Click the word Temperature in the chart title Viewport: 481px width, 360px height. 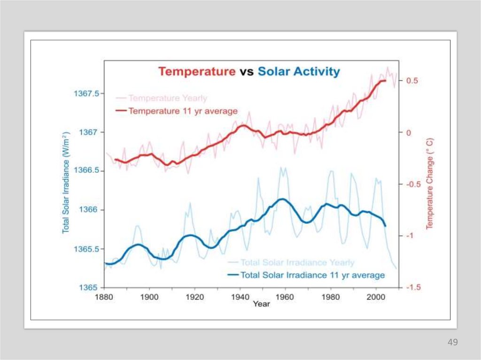[x=197, y=72]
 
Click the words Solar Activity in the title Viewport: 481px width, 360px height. [x=299, y=72]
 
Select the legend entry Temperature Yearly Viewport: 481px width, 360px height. [x=168, y=98]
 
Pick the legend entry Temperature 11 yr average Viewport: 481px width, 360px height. [x=183, y=111]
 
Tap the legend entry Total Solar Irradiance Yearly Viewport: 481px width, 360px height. [x=297, y=262]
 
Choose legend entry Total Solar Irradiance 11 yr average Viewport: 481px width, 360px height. [x=312, y=275]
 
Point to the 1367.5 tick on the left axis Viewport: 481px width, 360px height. [x=86, y=93]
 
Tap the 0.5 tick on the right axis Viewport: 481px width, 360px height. [x=412, y=81]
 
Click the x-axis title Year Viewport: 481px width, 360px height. [x=262, y=305]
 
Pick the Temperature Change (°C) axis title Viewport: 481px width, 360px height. [x=429, y=184]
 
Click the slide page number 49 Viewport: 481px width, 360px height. [x=452, y=342]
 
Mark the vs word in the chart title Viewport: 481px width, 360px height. [x=247, y=72]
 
